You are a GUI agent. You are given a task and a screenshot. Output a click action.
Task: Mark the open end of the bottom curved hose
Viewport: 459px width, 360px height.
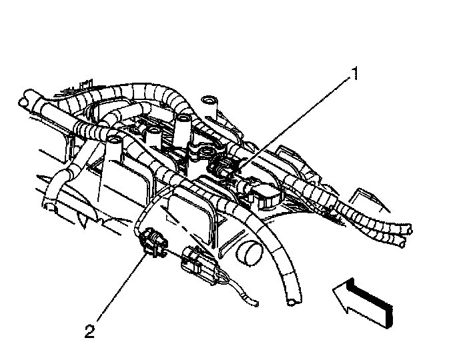(x=289, y=304)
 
